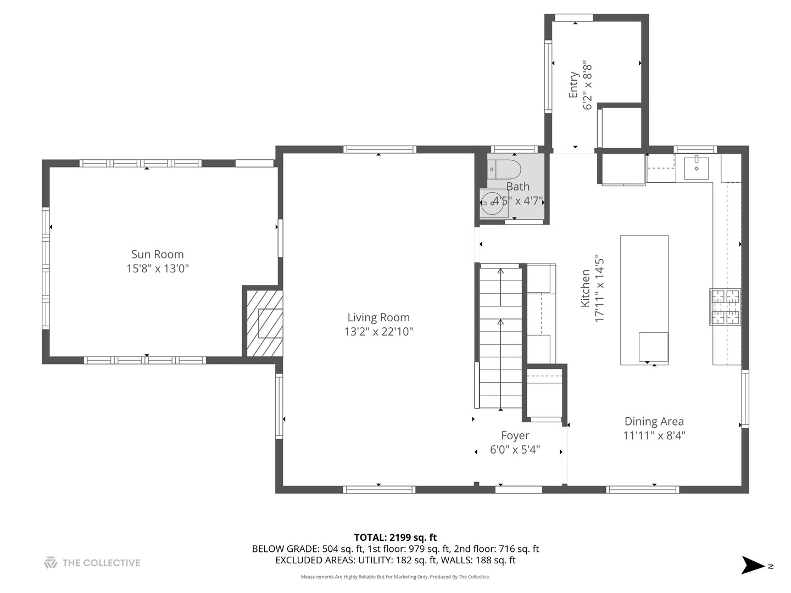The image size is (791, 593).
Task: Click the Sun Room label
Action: (x=157, y=254)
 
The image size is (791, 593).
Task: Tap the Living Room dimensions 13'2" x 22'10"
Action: (x=378, y=332)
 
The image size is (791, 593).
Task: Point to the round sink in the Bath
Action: (x=493, y=203)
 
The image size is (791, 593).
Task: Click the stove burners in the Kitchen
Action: (x=725, y=306)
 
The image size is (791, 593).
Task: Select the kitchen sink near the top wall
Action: (x=696, y=167)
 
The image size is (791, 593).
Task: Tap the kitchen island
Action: (x=644, y=300)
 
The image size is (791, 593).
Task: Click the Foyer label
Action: (x=515, y=435)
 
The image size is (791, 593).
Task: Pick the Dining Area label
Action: (x=654, y=421)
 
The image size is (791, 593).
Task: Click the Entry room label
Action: (x=573, y=85)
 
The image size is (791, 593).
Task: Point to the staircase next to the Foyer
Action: (x=500, y=338)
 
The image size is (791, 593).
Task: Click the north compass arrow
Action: (x=753, y=565)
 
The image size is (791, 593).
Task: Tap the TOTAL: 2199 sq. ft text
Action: (x=395, y=538)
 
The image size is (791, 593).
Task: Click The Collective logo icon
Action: (x=51, y=563)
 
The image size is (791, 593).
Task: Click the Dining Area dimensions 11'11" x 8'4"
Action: (x=654, y=436)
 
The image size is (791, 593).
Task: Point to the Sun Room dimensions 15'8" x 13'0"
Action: (x=157, y=268)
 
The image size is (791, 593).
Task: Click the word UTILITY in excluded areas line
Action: (x=376, y=560)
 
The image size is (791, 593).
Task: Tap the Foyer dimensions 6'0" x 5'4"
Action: (x=515, y=450)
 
